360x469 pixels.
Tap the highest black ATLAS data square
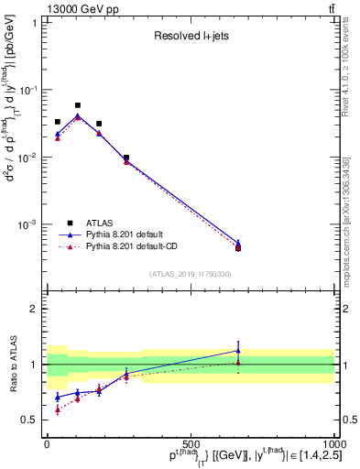78,105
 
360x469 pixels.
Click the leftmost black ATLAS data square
57,122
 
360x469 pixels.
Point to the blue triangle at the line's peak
78,115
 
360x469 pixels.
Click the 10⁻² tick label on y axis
28,158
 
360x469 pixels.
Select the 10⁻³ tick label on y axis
28,224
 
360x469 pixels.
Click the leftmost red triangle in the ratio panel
57,410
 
